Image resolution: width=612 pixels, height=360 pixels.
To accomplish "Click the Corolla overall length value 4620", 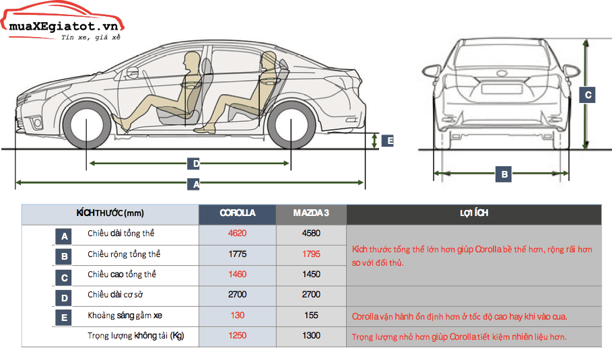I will (x=237, y=233).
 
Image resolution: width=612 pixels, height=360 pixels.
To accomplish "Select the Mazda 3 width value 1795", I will (x=311, y=254).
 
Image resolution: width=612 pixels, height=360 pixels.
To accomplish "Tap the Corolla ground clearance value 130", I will (x=237, y=315).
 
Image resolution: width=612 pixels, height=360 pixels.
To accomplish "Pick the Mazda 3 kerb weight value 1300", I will (x=311, y=335).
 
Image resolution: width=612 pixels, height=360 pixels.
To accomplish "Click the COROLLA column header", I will (x=237, y=213).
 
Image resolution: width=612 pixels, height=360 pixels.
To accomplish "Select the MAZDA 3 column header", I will (x=311, y=213).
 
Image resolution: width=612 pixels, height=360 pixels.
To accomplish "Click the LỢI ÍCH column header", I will (x=473, y=213).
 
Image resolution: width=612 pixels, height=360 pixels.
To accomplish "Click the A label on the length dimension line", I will (x=196, y=182).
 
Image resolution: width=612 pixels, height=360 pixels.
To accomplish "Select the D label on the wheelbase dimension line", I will (x=195, y=164).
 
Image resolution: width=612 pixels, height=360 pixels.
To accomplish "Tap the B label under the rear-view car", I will (x=504, y=174).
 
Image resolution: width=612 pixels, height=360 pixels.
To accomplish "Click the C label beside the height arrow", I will (x=588, y=95).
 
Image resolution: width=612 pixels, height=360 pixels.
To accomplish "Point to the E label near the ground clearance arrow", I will (x=388, y=141).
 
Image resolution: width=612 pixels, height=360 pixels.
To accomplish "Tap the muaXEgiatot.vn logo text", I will (x=61, y=26).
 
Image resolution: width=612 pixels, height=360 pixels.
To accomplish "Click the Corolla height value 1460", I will (x=237, y=275).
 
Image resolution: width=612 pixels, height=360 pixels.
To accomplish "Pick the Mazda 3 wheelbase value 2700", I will (x=311, y=295).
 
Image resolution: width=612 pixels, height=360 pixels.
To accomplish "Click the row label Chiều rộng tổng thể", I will (x=124, y=254).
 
